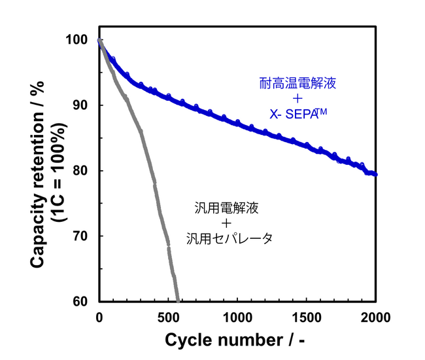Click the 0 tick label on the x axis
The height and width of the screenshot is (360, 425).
point(99,318)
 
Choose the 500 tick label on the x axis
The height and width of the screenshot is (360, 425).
point(168,318)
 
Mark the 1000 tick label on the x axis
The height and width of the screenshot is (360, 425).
point(237,318)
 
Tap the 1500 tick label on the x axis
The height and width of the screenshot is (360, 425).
point(307,318)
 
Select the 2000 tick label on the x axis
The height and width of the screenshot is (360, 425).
point(376,318)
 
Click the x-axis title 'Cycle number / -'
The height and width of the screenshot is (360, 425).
point(235,342)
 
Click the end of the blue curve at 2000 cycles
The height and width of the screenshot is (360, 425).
point(375,175)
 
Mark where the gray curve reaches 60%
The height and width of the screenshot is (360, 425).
point(177,300)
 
